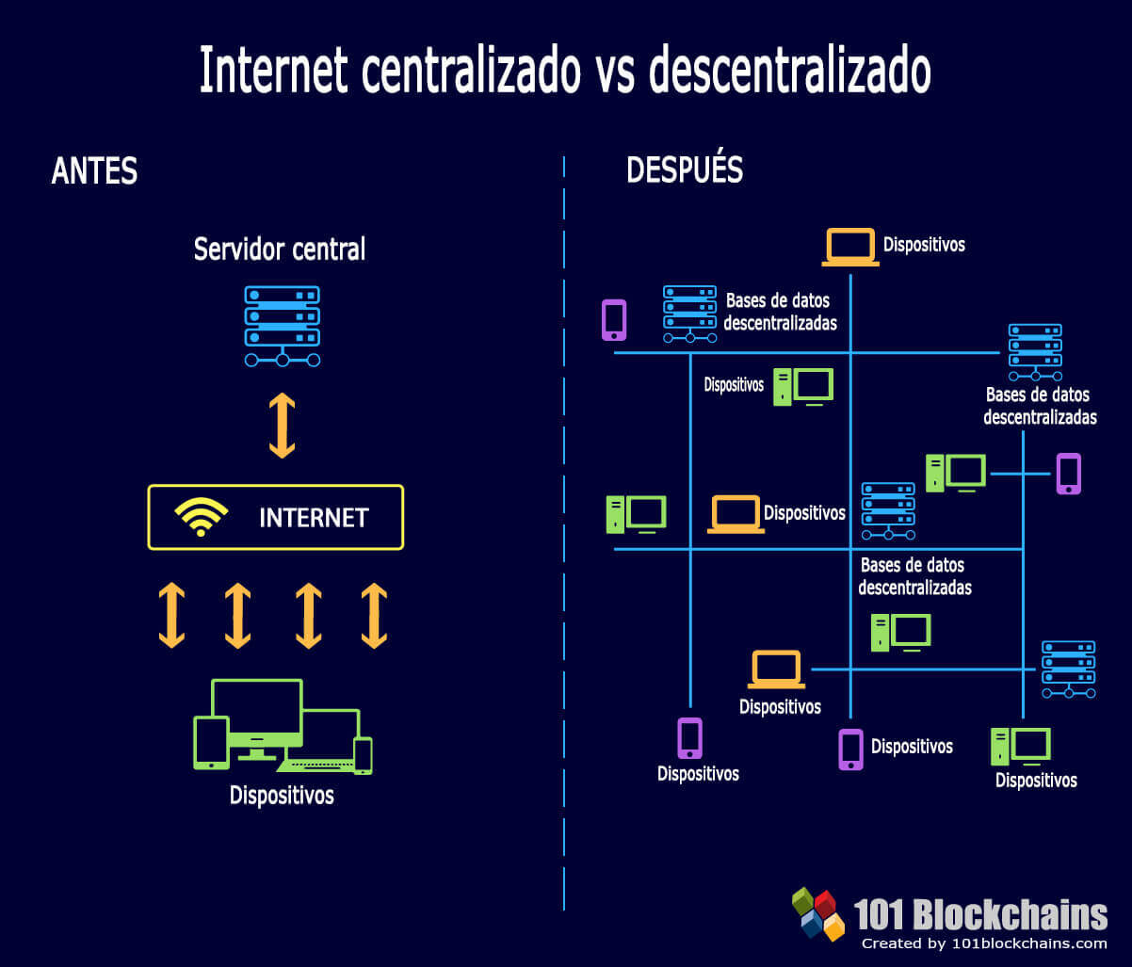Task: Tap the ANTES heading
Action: [94, 170]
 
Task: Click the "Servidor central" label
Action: [280, 250]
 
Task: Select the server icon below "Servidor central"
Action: [282, 327]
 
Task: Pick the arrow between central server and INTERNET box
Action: [282, 426]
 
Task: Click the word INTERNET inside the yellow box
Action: [314, 518]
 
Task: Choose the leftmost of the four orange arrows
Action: [172, 616]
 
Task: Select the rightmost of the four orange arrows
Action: [374, 616]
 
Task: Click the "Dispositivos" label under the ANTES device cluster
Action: [282, 795]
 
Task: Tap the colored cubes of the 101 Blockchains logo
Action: [818, 914]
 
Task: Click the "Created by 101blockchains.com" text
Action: [984, 944]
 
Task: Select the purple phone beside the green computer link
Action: [1069, 474]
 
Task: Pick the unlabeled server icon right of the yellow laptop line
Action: [1069, 669]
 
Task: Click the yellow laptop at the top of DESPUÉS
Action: [850, 247]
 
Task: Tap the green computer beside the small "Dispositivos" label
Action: [803, 387]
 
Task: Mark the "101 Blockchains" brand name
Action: [980, 915]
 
